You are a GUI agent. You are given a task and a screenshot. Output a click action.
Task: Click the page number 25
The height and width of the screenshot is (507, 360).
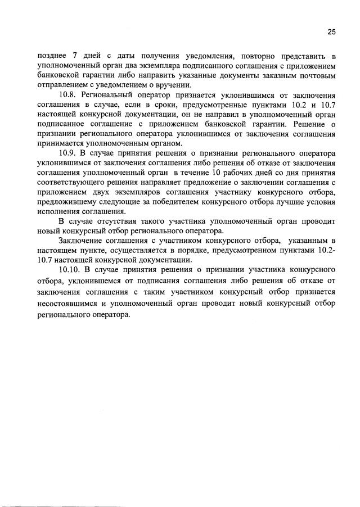pos(331,32)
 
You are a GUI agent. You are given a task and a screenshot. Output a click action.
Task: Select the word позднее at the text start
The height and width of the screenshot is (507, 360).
pos(52,56)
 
